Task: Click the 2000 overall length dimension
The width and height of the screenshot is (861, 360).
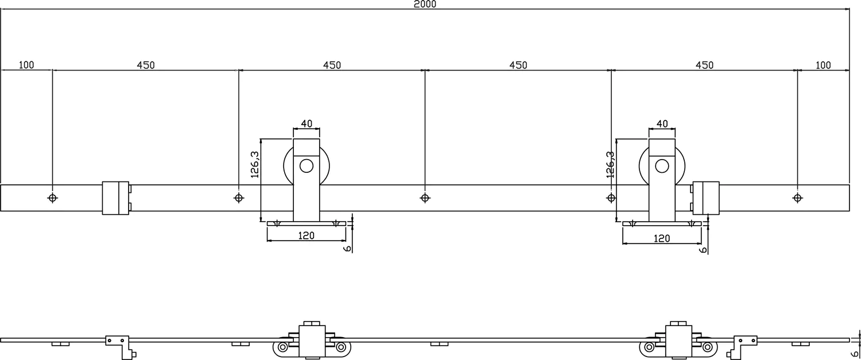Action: (x=425, y=5)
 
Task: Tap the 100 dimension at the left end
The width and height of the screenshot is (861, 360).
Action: (x=26, y=65)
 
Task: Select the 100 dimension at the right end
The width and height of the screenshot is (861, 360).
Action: (x=823, y=65)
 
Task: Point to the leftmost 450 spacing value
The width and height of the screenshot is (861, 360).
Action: (x=146, y=65)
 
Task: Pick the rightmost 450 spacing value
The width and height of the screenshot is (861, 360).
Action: (x=704, y=65)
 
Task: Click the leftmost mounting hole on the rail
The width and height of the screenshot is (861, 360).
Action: (x=53, y=198)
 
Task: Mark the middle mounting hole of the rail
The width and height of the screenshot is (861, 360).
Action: (x=425, y=198)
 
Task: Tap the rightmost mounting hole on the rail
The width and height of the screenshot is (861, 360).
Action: (x=797, y=198)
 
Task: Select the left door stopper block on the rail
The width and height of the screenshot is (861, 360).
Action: (x=115, y=198)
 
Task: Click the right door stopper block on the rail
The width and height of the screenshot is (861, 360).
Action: (x=705, y=198)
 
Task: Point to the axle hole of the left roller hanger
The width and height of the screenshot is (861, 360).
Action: (x=307, y=167)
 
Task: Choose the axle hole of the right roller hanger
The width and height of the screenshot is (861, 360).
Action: (x=662, y=167)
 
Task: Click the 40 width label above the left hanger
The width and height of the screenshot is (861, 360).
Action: (x=307, y=123)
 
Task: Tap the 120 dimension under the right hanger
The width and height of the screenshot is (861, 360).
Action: (x=662, y=238)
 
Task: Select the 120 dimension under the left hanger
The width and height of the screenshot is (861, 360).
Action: (x=307, y=236)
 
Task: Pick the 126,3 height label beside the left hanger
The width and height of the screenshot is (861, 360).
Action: (x=256, y=164)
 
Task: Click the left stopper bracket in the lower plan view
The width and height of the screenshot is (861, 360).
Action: (x=119, y=344)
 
